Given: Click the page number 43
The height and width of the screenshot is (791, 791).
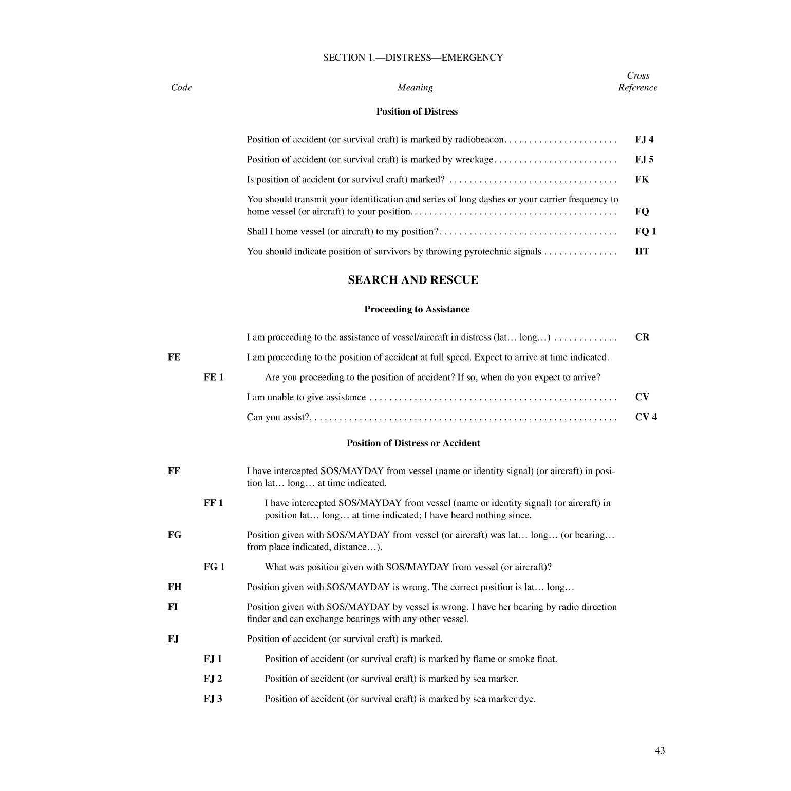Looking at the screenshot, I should [x=660, y=750].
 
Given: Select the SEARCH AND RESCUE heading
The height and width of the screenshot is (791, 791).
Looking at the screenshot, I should [x=413, y=280].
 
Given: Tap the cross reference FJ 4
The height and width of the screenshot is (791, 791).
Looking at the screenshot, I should [x=644, y=139].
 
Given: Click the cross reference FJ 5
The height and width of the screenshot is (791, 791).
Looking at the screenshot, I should [x=644, y=159].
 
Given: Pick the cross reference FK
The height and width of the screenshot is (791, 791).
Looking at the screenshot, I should [x=642, y=179].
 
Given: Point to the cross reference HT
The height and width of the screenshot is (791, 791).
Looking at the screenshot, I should [x=642, y=251].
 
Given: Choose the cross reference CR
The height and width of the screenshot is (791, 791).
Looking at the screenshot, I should [x=642, y=337].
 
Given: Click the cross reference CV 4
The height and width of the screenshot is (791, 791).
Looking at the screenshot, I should [x=646, y=417].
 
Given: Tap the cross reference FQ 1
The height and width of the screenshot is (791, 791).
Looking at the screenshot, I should [x=646, y=231].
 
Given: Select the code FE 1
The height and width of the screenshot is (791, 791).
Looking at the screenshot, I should [x=214, y=377].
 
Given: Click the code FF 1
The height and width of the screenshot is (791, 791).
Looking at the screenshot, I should [x=213, y=503].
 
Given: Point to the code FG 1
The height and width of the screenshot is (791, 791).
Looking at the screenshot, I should [x=214, y=567].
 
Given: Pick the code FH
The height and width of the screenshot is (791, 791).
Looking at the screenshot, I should [x=175, y=587].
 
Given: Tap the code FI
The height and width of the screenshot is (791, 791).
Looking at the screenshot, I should [x=173, y=607].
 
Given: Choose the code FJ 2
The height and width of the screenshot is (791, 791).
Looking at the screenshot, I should [x=213, y=679].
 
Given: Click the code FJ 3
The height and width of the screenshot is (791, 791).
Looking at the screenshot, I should [x=213, y=699].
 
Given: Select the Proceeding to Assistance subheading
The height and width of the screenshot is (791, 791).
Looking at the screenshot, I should [x=417, y=309].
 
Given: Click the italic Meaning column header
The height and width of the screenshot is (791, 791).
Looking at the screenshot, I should [x=415, y=87].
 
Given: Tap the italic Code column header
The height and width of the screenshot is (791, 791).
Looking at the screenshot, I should [x=181, y=87].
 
